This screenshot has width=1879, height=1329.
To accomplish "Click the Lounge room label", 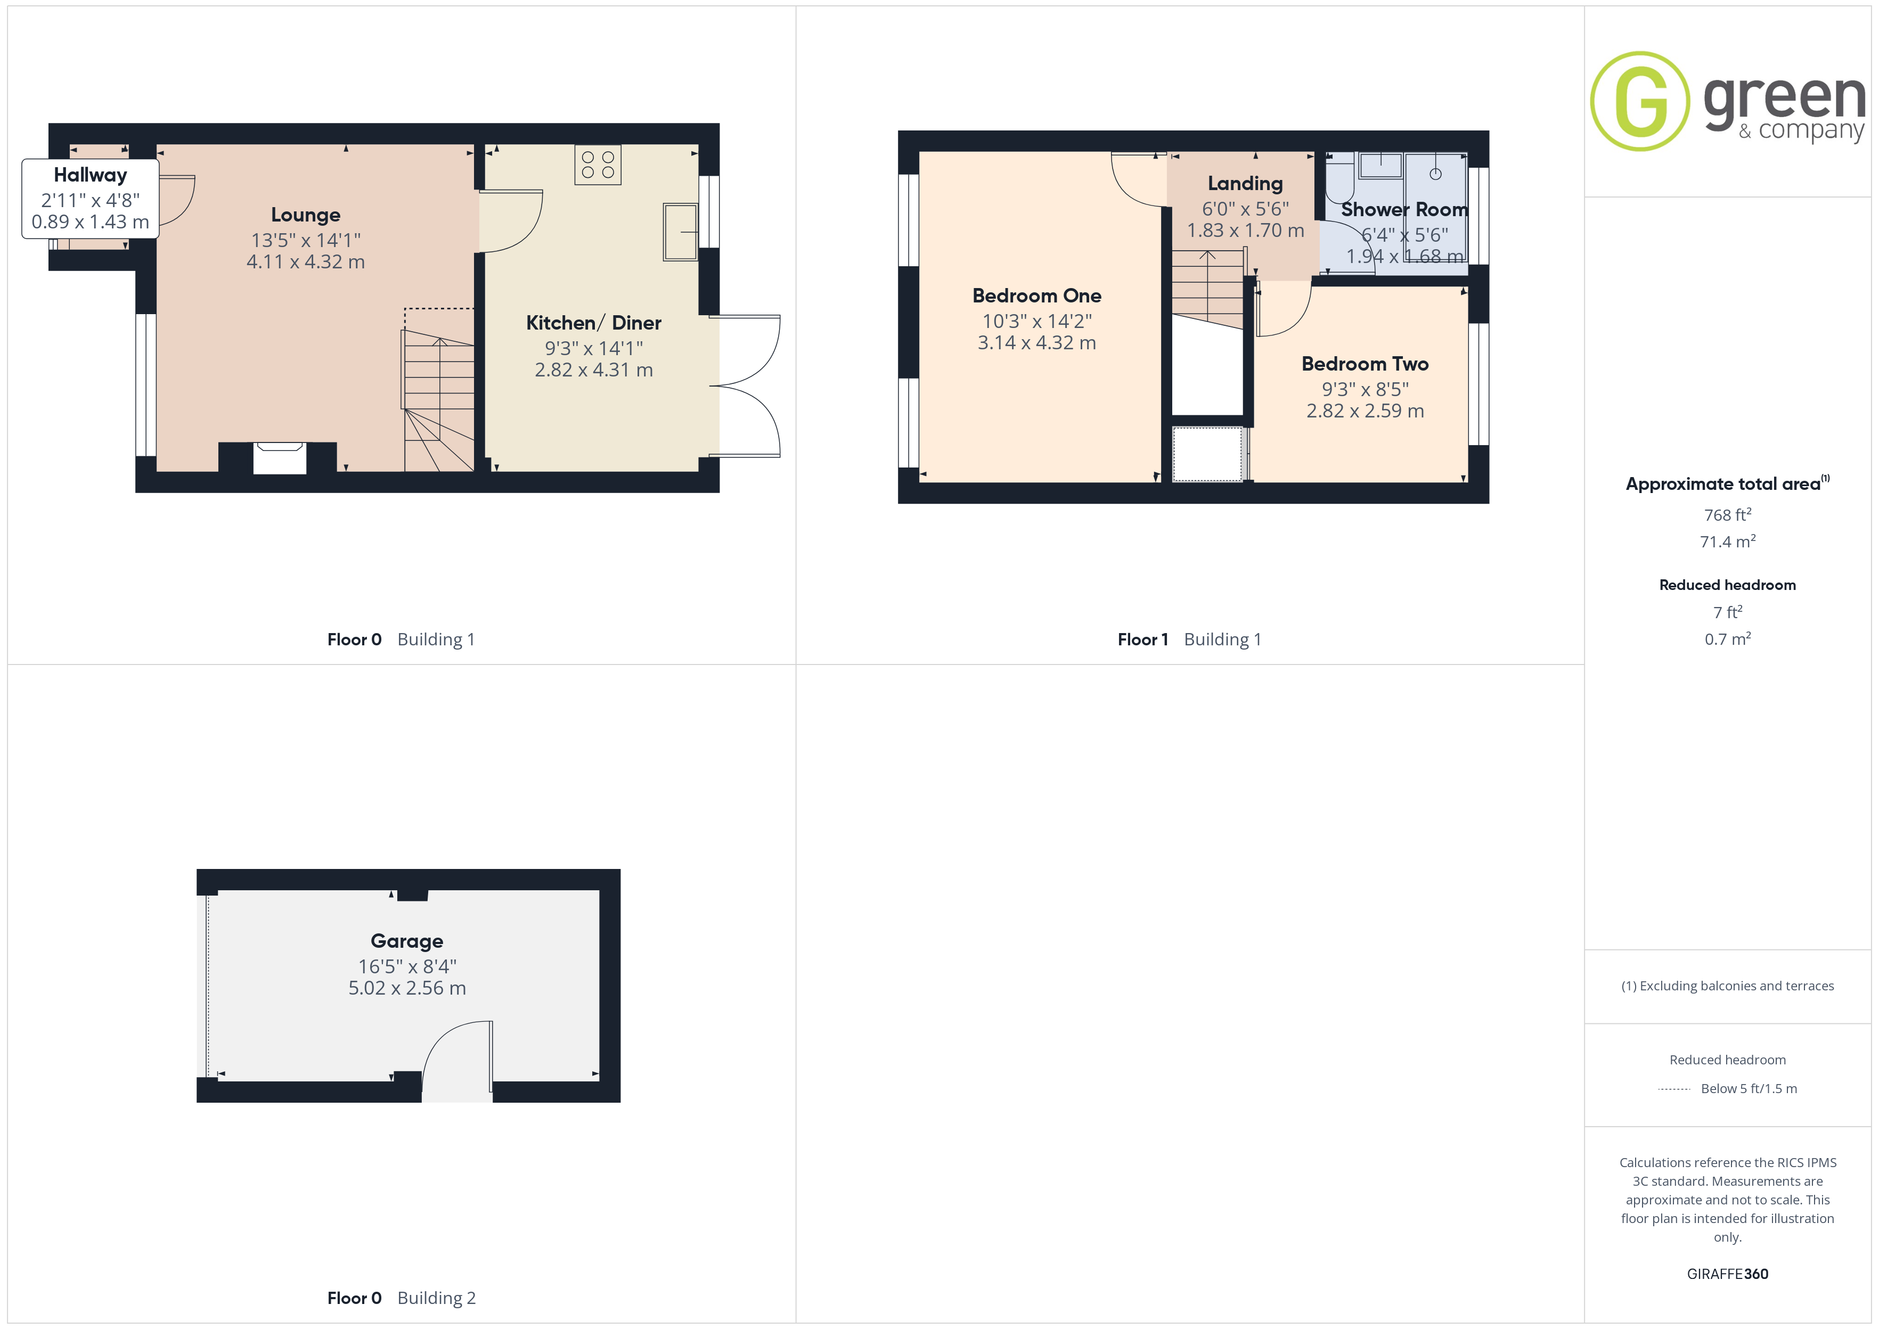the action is click(305, 215).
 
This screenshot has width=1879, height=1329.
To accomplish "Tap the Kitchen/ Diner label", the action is click(593, 323).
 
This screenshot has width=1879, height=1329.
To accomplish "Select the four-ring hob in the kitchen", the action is click(598, 165).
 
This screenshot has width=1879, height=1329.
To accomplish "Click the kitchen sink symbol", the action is click(680, 232).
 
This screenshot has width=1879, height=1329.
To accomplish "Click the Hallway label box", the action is click(90, 199).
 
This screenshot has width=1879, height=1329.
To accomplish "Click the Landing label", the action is click(1245, 183).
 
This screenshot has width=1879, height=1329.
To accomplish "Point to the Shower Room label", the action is click(1404, 209).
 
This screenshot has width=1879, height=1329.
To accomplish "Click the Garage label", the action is click(407, 941).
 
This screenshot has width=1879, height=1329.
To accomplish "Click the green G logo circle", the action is click(1639, 102).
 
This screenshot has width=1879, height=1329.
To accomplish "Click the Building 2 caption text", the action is click(436, 1298).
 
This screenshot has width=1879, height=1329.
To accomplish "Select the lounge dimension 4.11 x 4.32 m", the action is click(305, 262).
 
